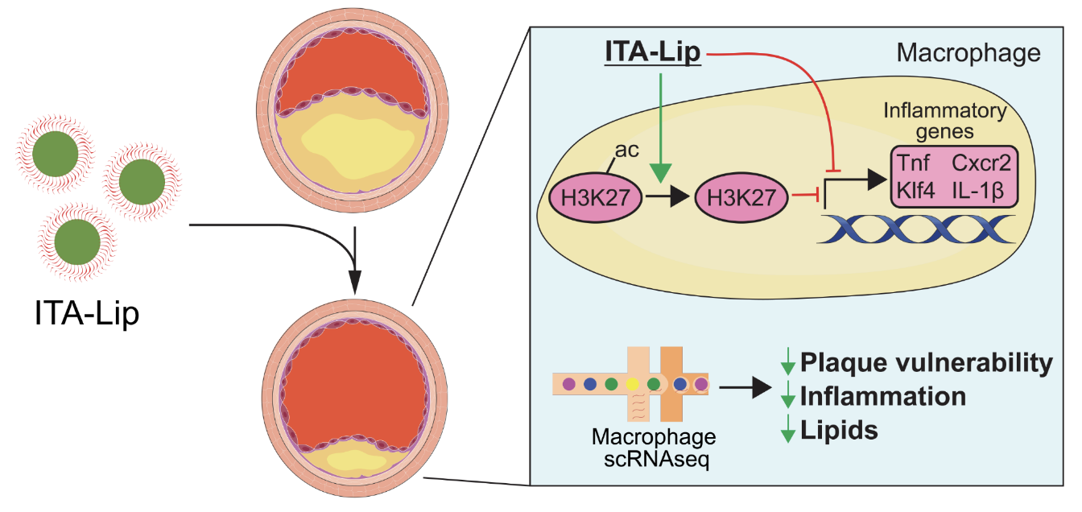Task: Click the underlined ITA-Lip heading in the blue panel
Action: point(653,55)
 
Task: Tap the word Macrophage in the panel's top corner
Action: point(968,54)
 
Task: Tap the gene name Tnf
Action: point(915,164)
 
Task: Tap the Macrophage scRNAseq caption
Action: point(653,450)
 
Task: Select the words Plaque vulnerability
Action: point(926,363)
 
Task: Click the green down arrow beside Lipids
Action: point(787,431)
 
